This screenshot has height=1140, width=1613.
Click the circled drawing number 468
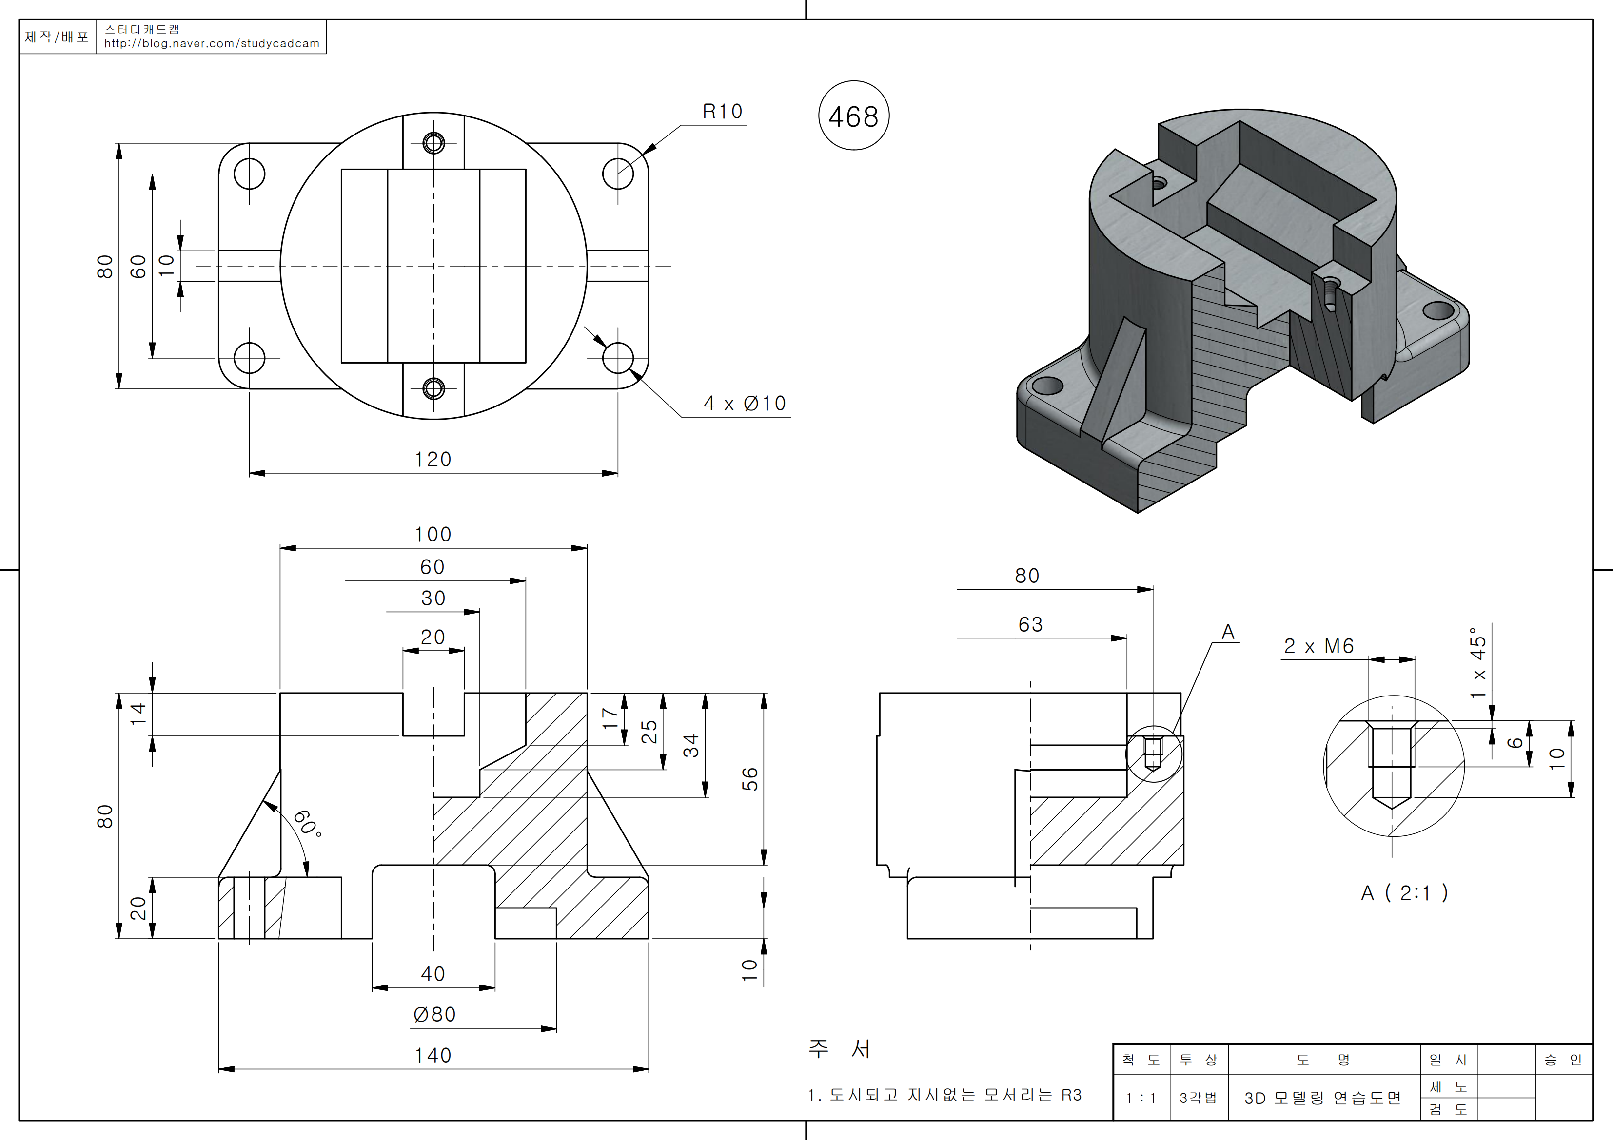point(854,116)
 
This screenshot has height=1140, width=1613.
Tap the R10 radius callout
point(722,112)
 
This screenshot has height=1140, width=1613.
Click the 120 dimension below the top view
point(433,460)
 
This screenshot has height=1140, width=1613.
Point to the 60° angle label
point(307,823)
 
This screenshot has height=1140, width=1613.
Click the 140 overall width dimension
point(433,1055)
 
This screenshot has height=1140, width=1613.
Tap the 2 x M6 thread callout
point(1318,646)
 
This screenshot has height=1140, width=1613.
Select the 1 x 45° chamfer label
point(1479,662)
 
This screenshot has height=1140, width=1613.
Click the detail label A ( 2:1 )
point(1404,893)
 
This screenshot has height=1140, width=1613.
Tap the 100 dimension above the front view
point(433,535)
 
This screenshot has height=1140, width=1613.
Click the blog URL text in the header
point(212,43)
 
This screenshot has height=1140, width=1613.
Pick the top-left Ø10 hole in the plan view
point(249,174)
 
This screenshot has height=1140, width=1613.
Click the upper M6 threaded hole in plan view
point(433,143)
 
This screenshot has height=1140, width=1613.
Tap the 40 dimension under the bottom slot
point(433,973)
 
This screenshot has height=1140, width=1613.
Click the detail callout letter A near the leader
point(1228,632)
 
